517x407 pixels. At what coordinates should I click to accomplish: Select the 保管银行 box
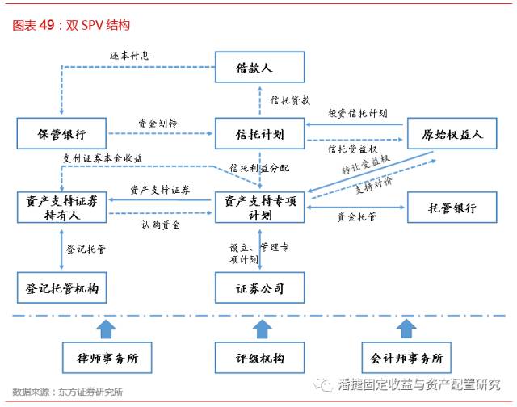[x=61, y=133]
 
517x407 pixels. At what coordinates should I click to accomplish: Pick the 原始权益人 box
[x=452, y=133]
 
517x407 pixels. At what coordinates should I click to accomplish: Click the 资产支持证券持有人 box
[x=61, y=208]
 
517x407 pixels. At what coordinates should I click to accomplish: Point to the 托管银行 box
[x=452, y=208]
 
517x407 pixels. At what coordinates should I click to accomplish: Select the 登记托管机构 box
[x=61, y=287]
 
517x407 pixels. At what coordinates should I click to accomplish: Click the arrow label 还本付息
[x=130, y=56]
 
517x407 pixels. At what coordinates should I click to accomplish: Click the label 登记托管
[x=87, y=250]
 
